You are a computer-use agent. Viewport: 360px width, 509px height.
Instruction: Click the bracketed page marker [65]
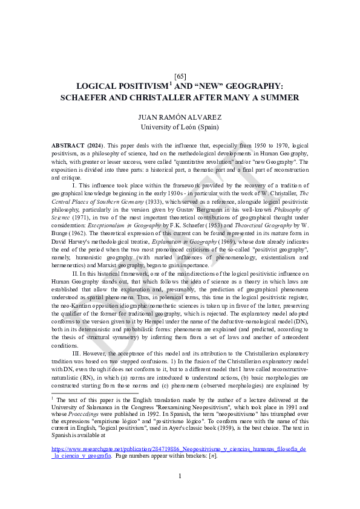pos(180,76)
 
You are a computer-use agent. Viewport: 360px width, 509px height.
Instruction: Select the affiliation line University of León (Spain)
pos(180,127)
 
